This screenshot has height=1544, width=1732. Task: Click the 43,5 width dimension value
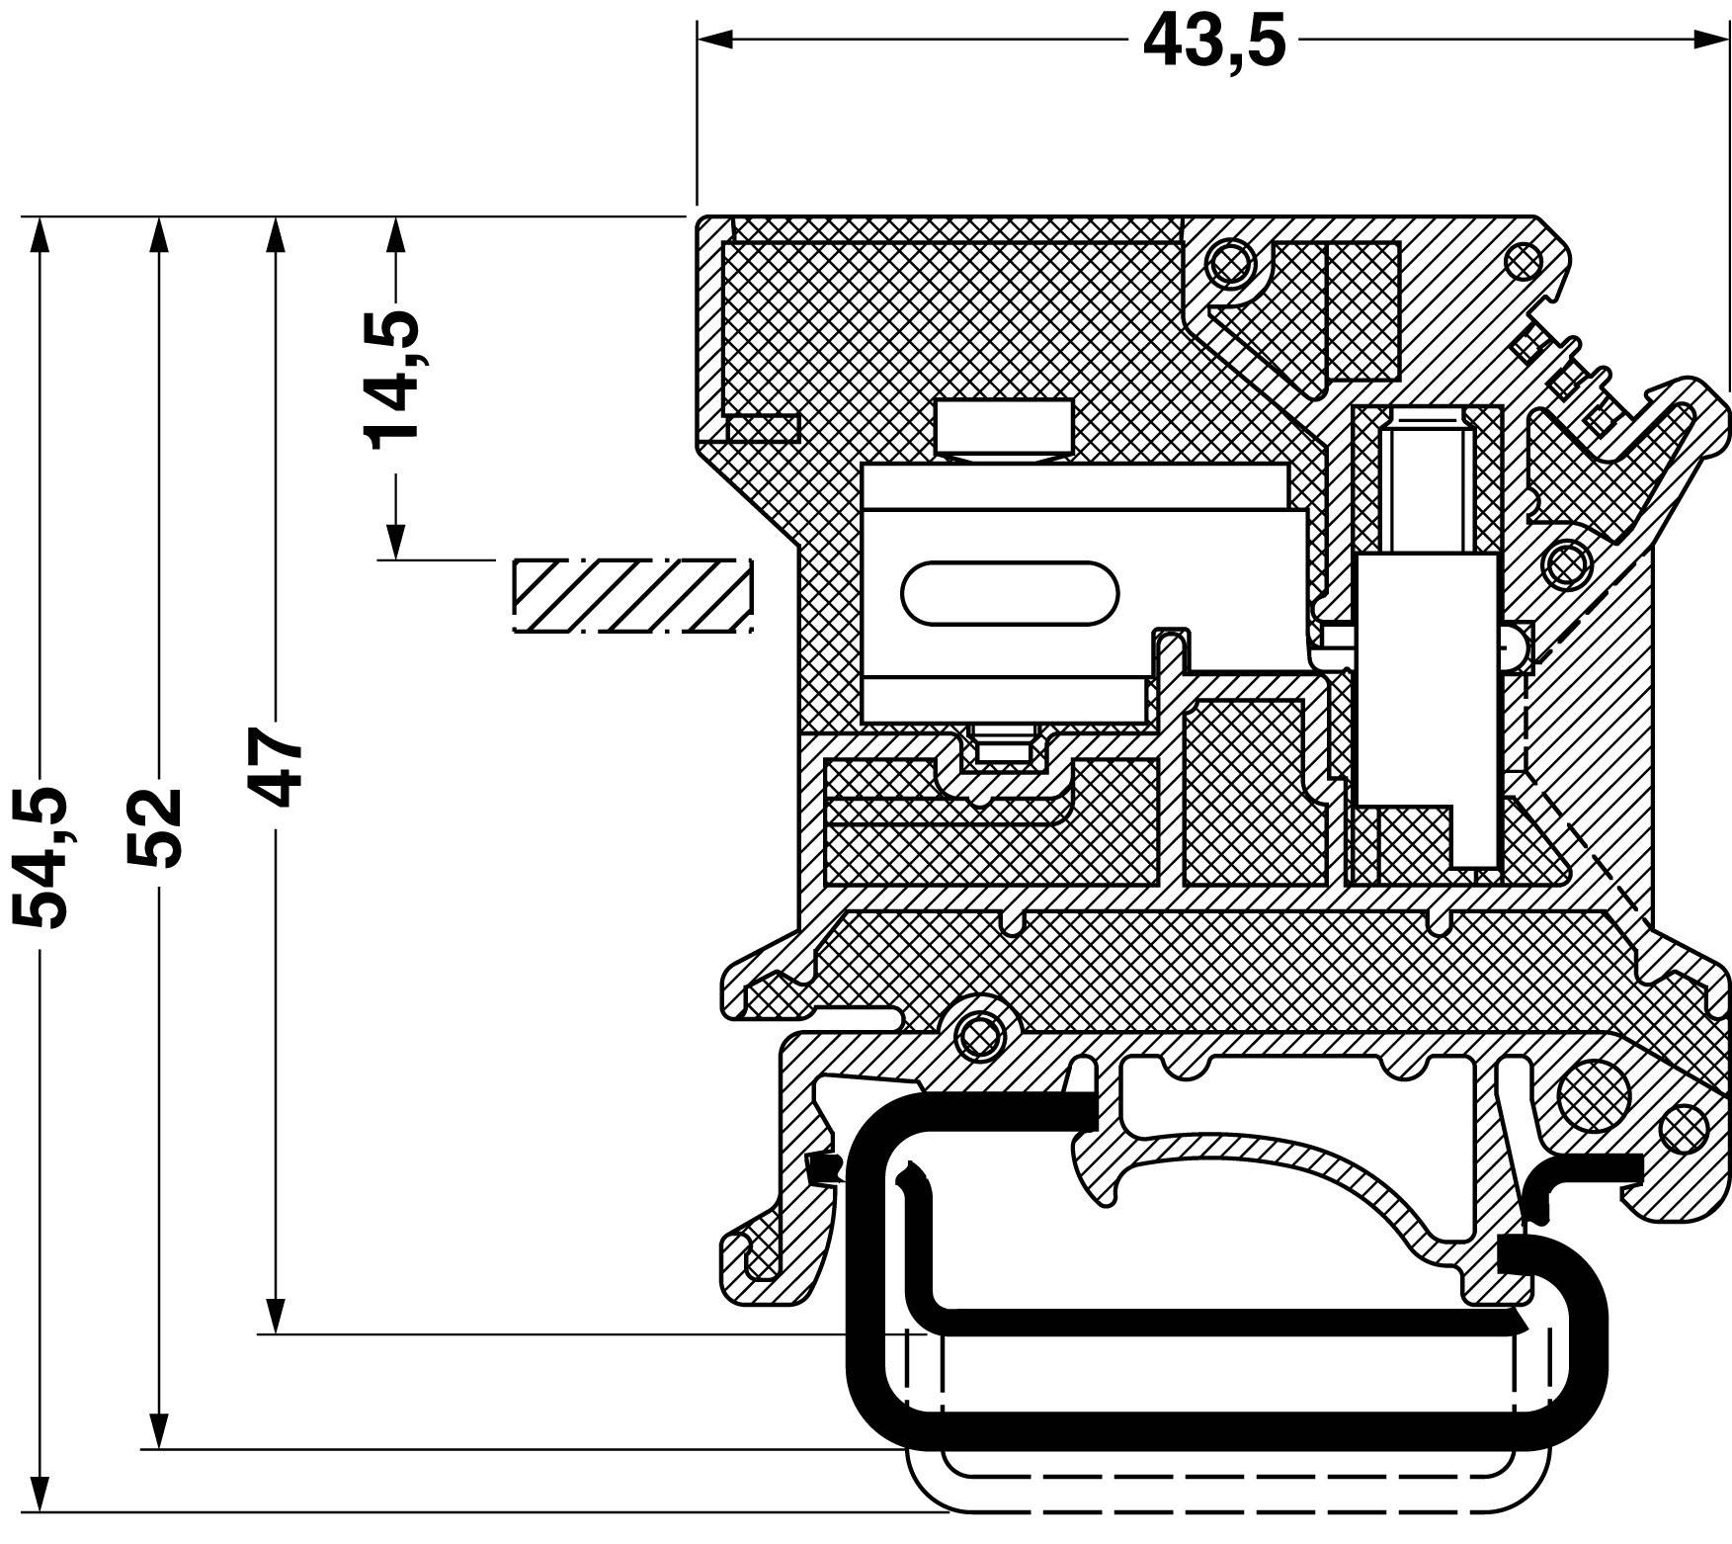click(x=1214, y=42)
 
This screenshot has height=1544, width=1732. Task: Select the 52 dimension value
click(x=156, y=827)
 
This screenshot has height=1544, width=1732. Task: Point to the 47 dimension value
click(x=274, y=768)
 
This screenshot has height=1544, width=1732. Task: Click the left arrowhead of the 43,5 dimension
click(x=714, y=40)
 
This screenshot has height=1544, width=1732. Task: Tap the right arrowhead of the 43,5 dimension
click(x=1709, y=40)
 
